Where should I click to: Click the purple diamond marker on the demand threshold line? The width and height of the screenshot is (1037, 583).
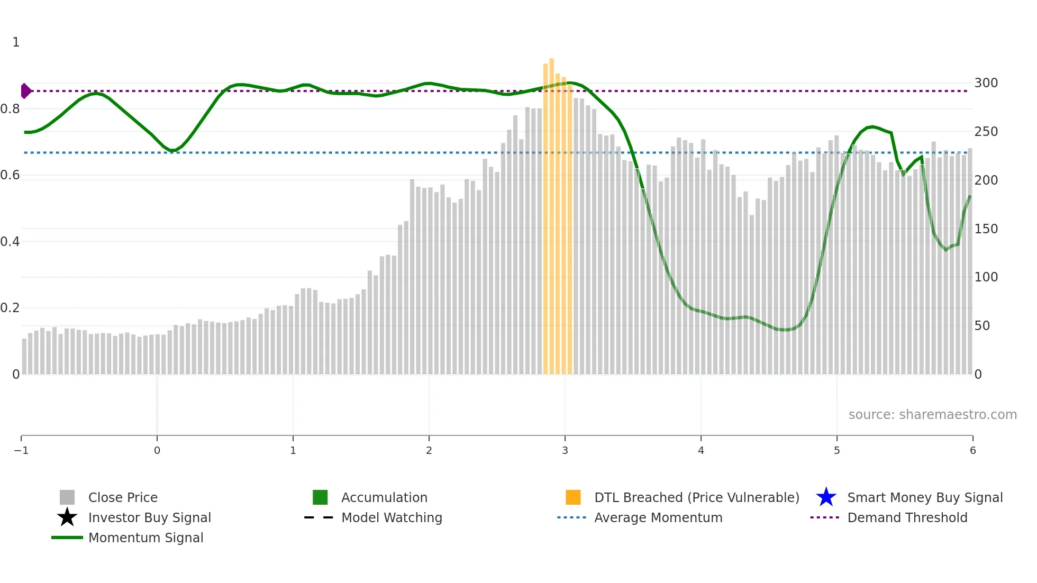point(25,91)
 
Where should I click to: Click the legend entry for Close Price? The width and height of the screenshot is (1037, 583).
point(123,497)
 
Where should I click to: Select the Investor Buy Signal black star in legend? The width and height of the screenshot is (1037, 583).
point(67,517)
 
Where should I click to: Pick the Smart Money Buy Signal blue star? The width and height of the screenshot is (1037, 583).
point(826,497)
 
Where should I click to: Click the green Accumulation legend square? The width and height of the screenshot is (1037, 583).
point(320,497)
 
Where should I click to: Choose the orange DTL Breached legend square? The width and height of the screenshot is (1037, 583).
point(573,497)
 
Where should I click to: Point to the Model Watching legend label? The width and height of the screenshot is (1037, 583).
point(392,517)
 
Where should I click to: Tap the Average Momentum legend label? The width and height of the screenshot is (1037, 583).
point(658,517)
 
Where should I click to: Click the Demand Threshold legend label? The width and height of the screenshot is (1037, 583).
point(907,517)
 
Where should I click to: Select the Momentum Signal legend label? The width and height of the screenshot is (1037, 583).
point(145,538)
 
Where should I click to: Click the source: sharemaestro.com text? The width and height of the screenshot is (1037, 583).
point(932,414)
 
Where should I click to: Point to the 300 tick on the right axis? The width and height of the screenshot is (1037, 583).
point(986,83)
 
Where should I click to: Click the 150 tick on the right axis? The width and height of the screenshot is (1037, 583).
point(986,229)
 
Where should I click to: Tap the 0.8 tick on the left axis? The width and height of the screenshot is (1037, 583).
point(10,109)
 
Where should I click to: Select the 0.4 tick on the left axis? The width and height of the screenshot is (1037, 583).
point(10,242)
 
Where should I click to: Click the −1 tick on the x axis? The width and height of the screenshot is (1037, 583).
point(21,450)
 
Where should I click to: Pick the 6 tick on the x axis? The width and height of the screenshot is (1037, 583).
point(972,450)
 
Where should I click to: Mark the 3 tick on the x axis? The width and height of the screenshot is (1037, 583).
point(565,450)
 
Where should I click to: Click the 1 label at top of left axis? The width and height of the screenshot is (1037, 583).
point(16,42)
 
